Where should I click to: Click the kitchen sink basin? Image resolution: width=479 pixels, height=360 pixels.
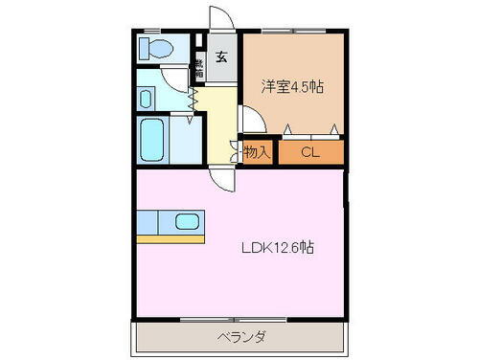pos(188,222)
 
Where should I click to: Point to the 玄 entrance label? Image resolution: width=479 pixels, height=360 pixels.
pos(220,56)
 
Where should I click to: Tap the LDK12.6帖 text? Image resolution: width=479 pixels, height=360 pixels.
pos(278,247)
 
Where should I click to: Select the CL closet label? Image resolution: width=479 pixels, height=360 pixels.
pos(310,151)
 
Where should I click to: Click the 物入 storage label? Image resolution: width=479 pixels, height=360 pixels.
pos(257,151)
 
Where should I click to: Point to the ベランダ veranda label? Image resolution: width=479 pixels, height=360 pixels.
pos(239,337)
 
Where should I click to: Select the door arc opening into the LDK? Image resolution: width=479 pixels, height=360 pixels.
pos(222,176)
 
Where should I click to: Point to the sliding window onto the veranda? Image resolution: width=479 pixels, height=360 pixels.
pos(239,319)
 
